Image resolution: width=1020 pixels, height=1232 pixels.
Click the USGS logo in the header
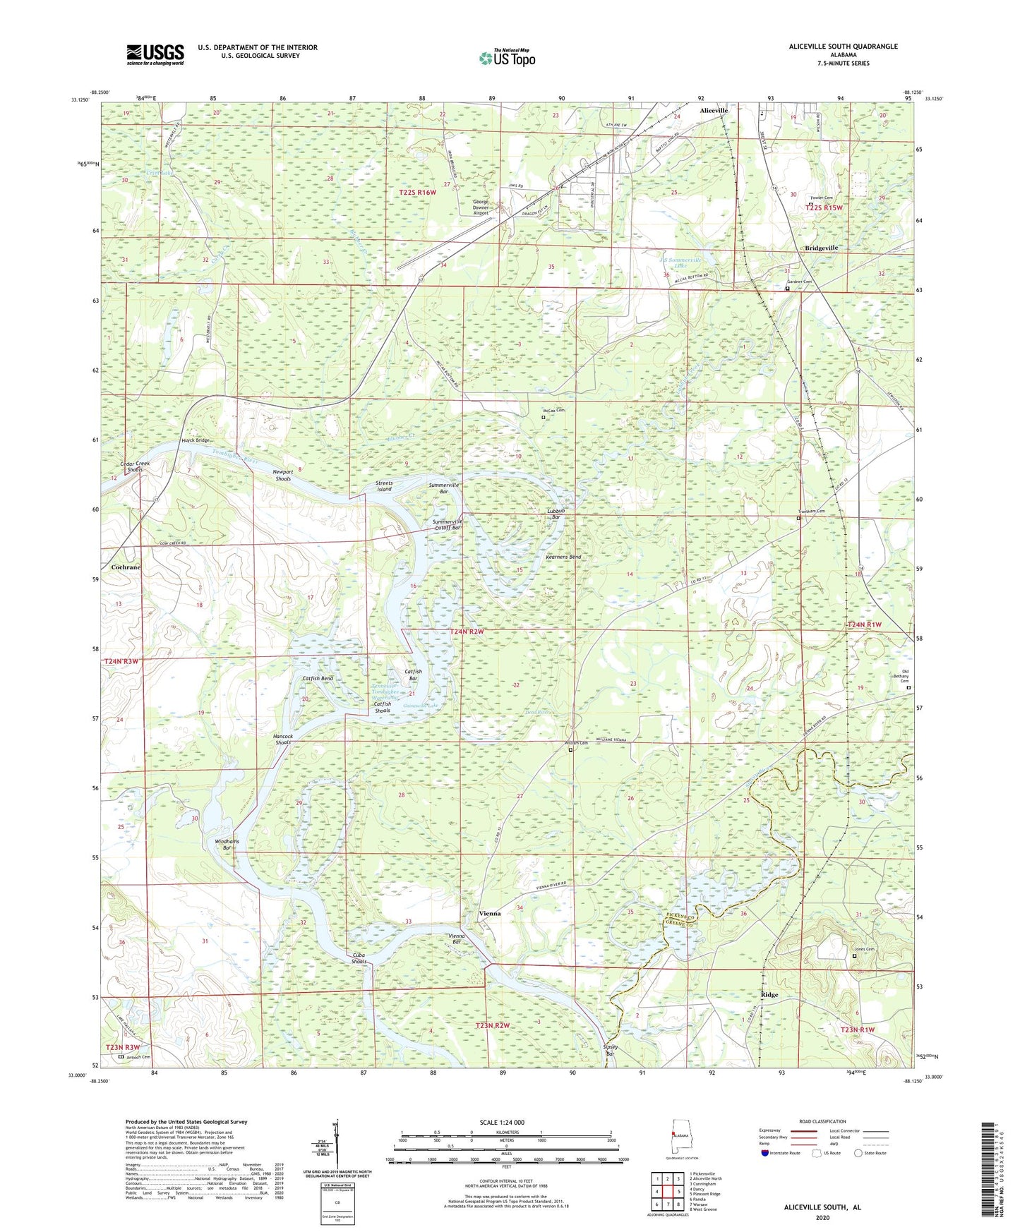[155, 54]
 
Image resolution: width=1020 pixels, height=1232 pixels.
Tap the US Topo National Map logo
[507, 58]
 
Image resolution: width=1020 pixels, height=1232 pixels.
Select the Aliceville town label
[713, 111]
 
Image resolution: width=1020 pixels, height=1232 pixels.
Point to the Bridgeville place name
[821, 248]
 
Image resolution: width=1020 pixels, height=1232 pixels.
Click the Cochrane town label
[126, 567]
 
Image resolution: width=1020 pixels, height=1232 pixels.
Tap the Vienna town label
[490, 913]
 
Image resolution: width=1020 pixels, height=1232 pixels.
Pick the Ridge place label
[769, 995]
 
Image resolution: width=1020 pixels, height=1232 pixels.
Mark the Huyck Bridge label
[196, 440]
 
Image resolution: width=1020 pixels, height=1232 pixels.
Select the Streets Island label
[384, 486]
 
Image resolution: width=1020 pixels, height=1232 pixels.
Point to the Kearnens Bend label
[563, 557]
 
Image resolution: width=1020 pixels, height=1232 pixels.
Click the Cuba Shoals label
[359, 958]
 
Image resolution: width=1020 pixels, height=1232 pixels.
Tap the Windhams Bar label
[227, 845]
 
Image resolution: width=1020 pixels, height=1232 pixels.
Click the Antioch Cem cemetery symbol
[121, 1057]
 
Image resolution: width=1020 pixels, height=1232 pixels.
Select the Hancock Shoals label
[283, 739]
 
